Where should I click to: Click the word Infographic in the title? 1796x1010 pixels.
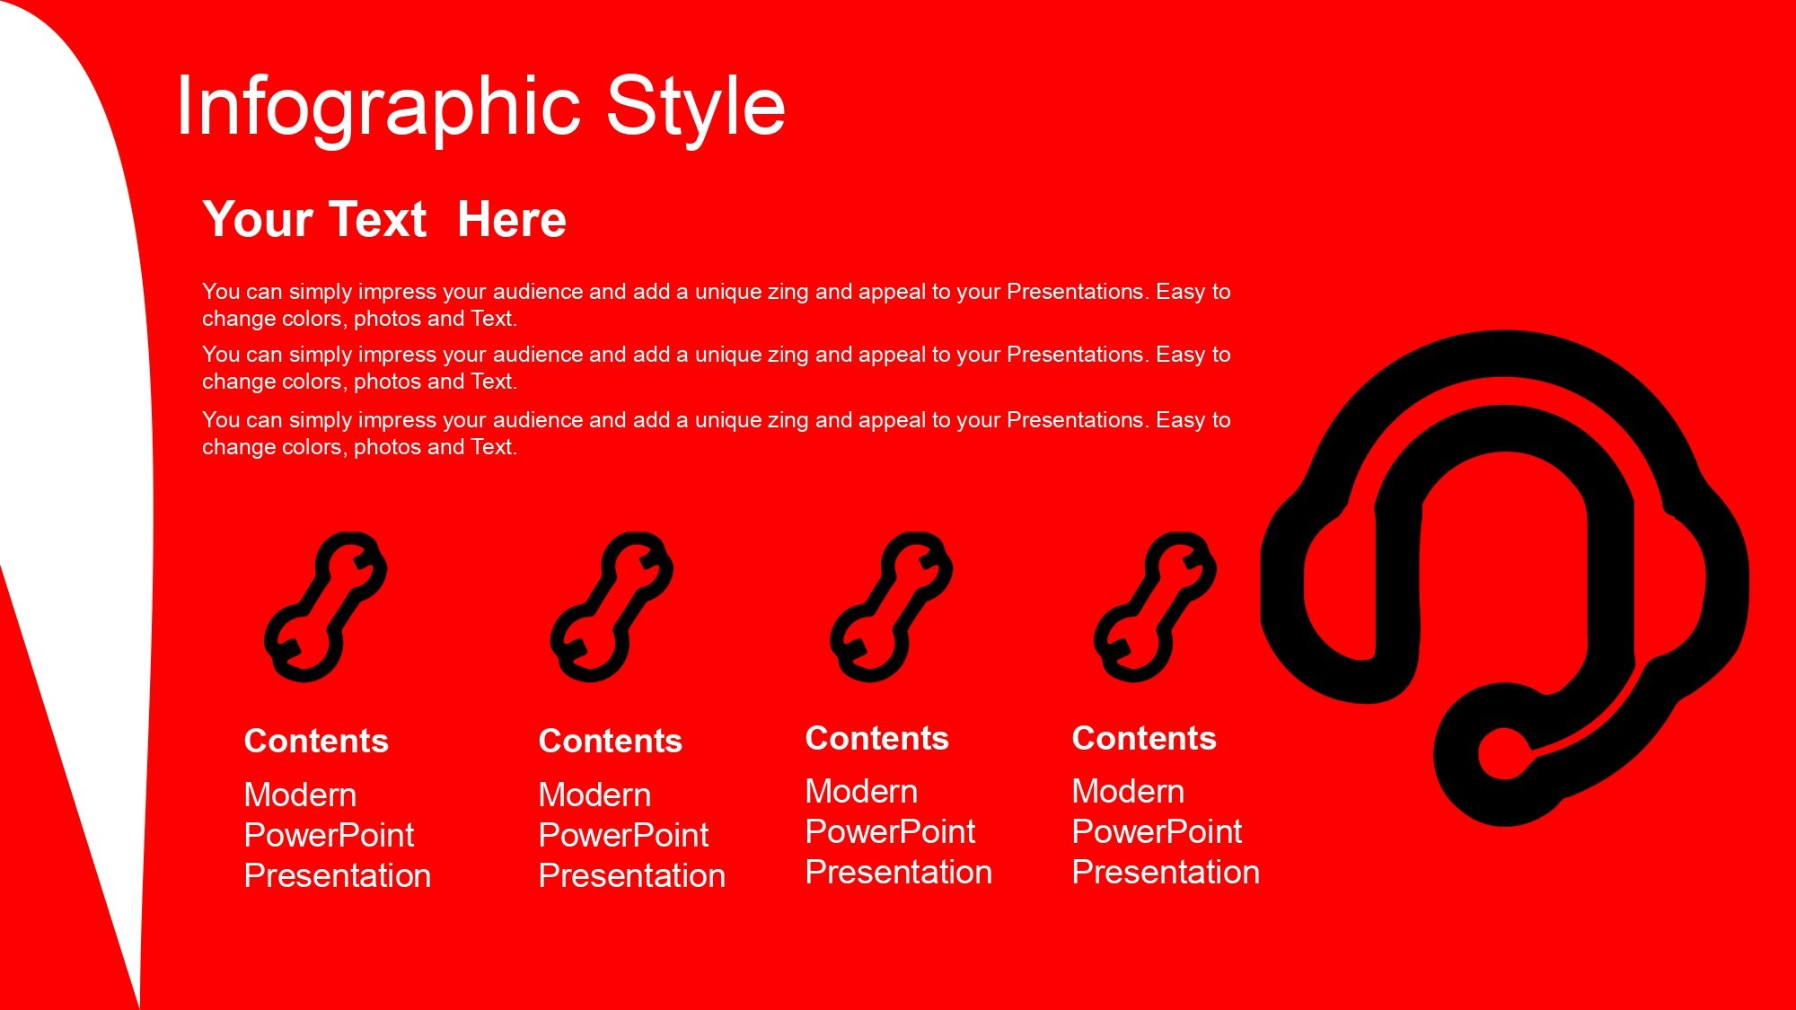(x=378, y=108)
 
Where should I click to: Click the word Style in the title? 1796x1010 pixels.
(x=696, y=108)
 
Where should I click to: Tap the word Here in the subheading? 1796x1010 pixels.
(x=512, y=220)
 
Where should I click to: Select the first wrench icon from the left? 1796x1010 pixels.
(x=326, y=607)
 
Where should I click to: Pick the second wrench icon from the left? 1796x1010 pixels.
(x=612, y=607)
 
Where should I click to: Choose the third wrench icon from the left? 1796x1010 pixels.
(x=892, y=607)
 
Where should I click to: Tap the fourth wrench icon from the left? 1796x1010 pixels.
(x=1156, y=607)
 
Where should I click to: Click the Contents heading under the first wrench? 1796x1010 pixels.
(x=316, y=741)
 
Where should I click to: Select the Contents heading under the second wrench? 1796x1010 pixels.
(x=611, y=741)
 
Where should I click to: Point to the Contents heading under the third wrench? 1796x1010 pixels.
(x=877, y=738)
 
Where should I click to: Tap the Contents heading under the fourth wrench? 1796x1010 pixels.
(x=1144, y=738)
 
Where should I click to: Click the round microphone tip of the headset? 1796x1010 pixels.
(x=1505, y=752)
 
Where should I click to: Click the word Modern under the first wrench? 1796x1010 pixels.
(x=301, y=795)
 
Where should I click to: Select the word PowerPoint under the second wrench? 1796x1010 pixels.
(x=624, y=836)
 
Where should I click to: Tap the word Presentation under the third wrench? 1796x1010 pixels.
(x=899, y=872)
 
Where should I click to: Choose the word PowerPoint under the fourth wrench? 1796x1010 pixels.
(x=1158, y=832)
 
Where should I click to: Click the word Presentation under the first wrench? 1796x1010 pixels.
(x=338, y=875)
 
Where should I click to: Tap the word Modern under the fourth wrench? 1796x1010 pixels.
(x=1129, y=791)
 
